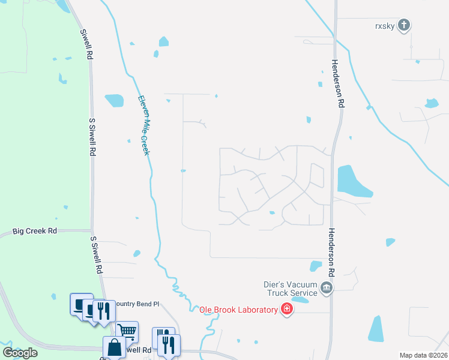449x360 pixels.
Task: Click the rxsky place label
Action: click(x=383, y=25)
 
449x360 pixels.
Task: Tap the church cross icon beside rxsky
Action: click(x=405, y=25)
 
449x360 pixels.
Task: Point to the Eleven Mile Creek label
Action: click(x=143, y=125)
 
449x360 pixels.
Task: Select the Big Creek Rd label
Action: click(x=35, y=231)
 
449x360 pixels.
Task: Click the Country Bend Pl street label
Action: click(x=137, y=304)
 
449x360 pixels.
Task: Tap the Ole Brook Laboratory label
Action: click(x=238, y=310)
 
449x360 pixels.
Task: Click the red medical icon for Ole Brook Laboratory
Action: click(x=287, y=309)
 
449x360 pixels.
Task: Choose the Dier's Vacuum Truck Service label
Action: click(x=291, y=289)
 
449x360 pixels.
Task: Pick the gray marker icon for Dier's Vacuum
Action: click(x=326, y=289)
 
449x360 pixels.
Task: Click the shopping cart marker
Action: click(x=127, y=330)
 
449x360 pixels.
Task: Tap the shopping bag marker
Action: click(x=114, y=347)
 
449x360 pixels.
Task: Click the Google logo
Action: click(x=20, y=353)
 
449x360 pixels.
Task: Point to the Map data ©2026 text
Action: click(x=423, y=355)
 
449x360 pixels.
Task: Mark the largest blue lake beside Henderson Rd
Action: click(x=353, y=181)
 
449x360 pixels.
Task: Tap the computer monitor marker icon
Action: click(x=80, y=303)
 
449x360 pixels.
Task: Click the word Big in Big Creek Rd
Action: click(x=20, y=231)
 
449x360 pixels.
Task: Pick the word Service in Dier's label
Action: click(x=303, y=293)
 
